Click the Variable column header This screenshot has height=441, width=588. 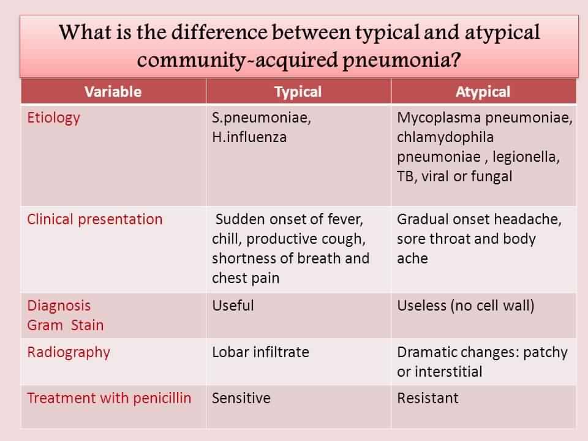113,92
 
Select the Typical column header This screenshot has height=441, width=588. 298,92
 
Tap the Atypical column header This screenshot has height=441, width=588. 483,92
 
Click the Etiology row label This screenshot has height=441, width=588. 53,118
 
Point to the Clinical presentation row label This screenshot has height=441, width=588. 95,219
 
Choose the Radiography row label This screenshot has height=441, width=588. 69,352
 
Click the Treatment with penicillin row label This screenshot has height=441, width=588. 109,398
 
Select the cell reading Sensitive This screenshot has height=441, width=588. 241,398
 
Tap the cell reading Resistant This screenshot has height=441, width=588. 428,398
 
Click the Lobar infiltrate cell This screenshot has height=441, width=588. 260,352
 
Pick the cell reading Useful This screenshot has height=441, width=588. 233,306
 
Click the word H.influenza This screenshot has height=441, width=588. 249,137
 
